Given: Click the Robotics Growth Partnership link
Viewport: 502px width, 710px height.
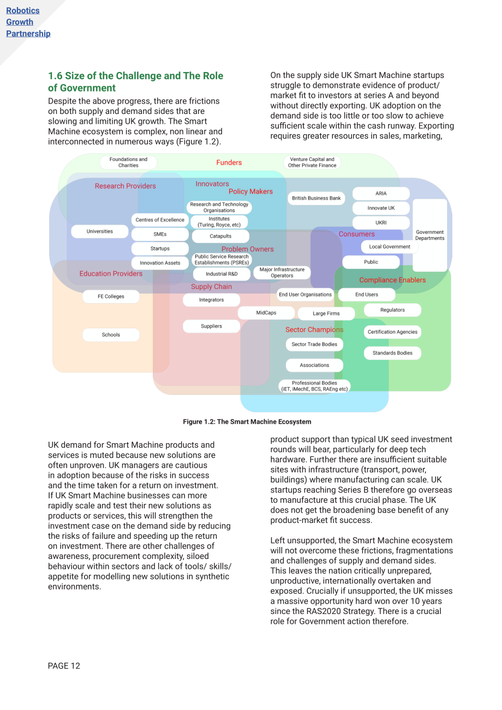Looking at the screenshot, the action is coord(28,22).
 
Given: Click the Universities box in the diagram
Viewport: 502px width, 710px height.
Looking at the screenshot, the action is coord(99,231).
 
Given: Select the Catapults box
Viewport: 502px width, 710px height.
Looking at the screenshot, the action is coord(220,236).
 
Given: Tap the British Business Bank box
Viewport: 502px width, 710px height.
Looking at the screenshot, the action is coord(316,198).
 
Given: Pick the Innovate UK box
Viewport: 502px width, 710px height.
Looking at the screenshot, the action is coord(381,208).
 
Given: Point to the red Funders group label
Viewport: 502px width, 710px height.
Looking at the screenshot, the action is coord(229,163).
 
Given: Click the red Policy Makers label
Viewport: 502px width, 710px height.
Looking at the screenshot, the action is coord(250,191).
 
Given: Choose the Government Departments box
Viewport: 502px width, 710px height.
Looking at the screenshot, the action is coord(429,235).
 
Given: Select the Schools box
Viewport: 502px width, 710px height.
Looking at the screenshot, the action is coord(111,335).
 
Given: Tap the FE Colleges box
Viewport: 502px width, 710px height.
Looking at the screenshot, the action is coord(111,296).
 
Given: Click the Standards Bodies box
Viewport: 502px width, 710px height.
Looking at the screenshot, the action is coord(392,353).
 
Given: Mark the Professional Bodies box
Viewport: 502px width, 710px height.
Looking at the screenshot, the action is coord(314,386).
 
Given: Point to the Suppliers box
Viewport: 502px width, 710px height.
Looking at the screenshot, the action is coord(211,326).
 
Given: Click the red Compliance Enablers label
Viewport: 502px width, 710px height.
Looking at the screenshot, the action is coord(392,280).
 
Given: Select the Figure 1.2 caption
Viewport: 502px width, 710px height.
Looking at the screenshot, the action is coord(247,422).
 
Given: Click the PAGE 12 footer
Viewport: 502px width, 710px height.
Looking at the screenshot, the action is coord(64,666).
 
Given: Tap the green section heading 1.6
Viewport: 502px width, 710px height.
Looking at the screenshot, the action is coord(135,82).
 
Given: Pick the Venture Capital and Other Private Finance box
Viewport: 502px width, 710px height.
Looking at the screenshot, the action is coord(312,163).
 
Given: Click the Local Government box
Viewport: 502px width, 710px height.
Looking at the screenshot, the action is coord(390,246).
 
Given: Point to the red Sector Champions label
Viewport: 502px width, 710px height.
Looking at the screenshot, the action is coord(314,329).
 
